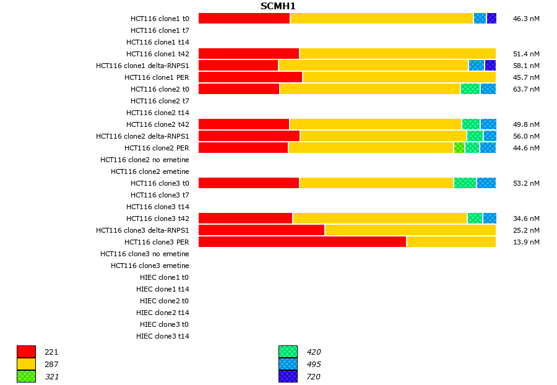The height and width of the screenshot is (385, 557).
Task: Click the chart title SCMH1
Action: [278, 6]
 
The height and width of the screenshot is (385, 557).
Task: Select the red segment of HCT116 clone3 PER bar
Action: [302, 242]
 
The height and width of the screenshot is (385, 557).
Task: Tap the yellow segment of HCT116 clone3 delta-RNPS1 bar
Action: [410, 230]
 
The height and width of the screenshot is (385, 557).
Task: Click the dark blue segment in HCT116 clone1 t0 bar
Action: [491, 19]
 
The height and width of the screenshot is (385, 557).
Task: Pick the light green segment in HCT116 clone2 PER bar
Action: [459, 148]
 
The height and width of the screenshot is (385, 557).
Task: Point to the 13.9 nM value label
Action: [526, 242]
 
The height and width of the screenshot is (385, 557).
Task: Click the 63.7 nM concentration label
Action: [526, 89]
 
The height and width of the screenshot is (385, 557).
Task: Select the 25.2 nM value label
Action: [526, 230]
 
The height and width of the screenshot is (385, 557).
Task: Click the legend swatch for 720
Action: [288, 376]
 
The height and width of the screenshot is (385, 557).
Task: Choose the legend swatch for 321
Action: [26, 376]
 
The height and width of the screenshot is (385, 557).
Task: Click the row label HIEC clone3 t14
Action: [163, 336]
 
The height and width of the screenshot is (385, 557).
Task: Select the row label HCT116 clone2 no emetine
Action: [145, 160]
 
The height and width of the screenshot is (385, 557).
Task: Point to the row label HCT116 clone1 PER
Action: [157, 77]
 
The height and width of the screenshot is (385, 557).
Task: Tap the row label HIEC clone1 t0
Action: [165, 277]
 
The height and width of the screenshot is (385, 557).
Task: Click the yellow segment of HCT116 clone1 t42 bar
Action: [397, 54]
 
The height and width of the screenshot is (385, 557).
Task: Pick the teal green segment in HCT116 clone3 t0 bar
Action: [465, 183]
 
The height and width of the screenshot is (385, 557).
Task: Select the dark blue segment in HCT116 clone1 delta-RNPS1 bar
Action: [490, 66]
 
